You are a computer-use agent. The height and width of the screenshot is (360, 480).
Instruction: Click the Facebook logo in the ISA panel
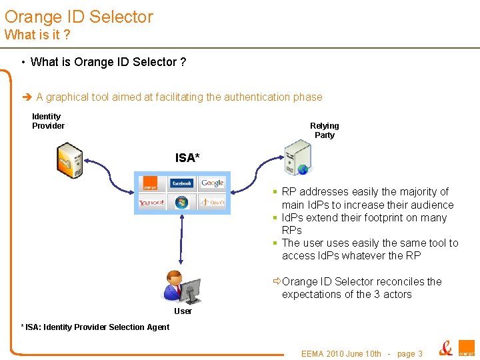pyautogui.click(x=181, y=183)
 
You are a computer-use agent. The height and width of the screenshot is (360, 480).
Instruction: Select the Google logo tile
pyautogui.click(x=213, y=183)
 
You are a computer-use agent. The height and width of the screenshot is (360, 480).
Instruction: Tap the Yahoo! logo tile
pyautogui.click(x=151, y=202)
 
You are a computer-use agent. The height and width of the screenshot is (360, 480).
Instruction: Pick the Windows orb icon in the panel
pyautogui.click(x=181, y=202)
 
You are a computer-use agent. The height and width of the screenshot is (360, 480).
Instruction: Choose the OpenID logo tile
pyautogui.click(x=213, y=202)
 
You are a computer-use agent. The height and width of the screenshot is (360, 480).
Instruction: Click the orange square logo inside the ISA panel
pyautogui.click(x=151, y=183)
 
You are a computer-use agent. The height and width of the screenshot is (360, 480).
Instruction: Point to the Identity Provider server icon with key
pyautogui.click(x=69, y=161)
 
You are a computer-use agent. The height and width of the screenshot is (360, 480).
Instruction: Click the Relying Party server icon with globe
pyautogui.click(x=297, y=158)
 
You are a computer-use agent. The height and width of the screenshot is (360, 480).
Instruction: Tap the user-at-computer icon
pyautogui.click(x=182, y=286)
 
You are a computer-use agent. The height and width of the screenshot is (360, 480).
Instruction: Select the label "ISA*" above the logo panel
pyautogui.click(x=187, y=158)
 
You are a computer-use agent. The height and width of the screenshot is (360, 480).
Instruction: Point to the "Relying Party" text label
pyautogui.click(x=325, y=131)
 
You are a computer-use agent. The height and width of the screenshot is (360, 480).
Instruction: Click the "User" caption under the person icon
pyautogui.click(x=183, y=311)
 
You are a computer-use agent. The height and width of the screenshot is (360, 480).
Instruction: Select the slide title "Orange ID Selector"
pyautogui.click(x=79, y=17)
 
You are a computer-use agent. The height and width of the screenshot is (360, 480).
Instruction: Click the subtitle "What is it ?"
pyautogui.click(x=37, y=34)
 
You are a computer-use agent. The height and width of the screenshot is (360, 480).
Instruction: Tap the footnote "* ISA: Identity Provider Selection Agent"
pyautogui.click(x=95, y=327)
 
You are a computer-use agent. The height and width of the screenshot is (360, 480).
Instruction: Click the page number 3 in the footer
pyautogui.click(x=419, y=354)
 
